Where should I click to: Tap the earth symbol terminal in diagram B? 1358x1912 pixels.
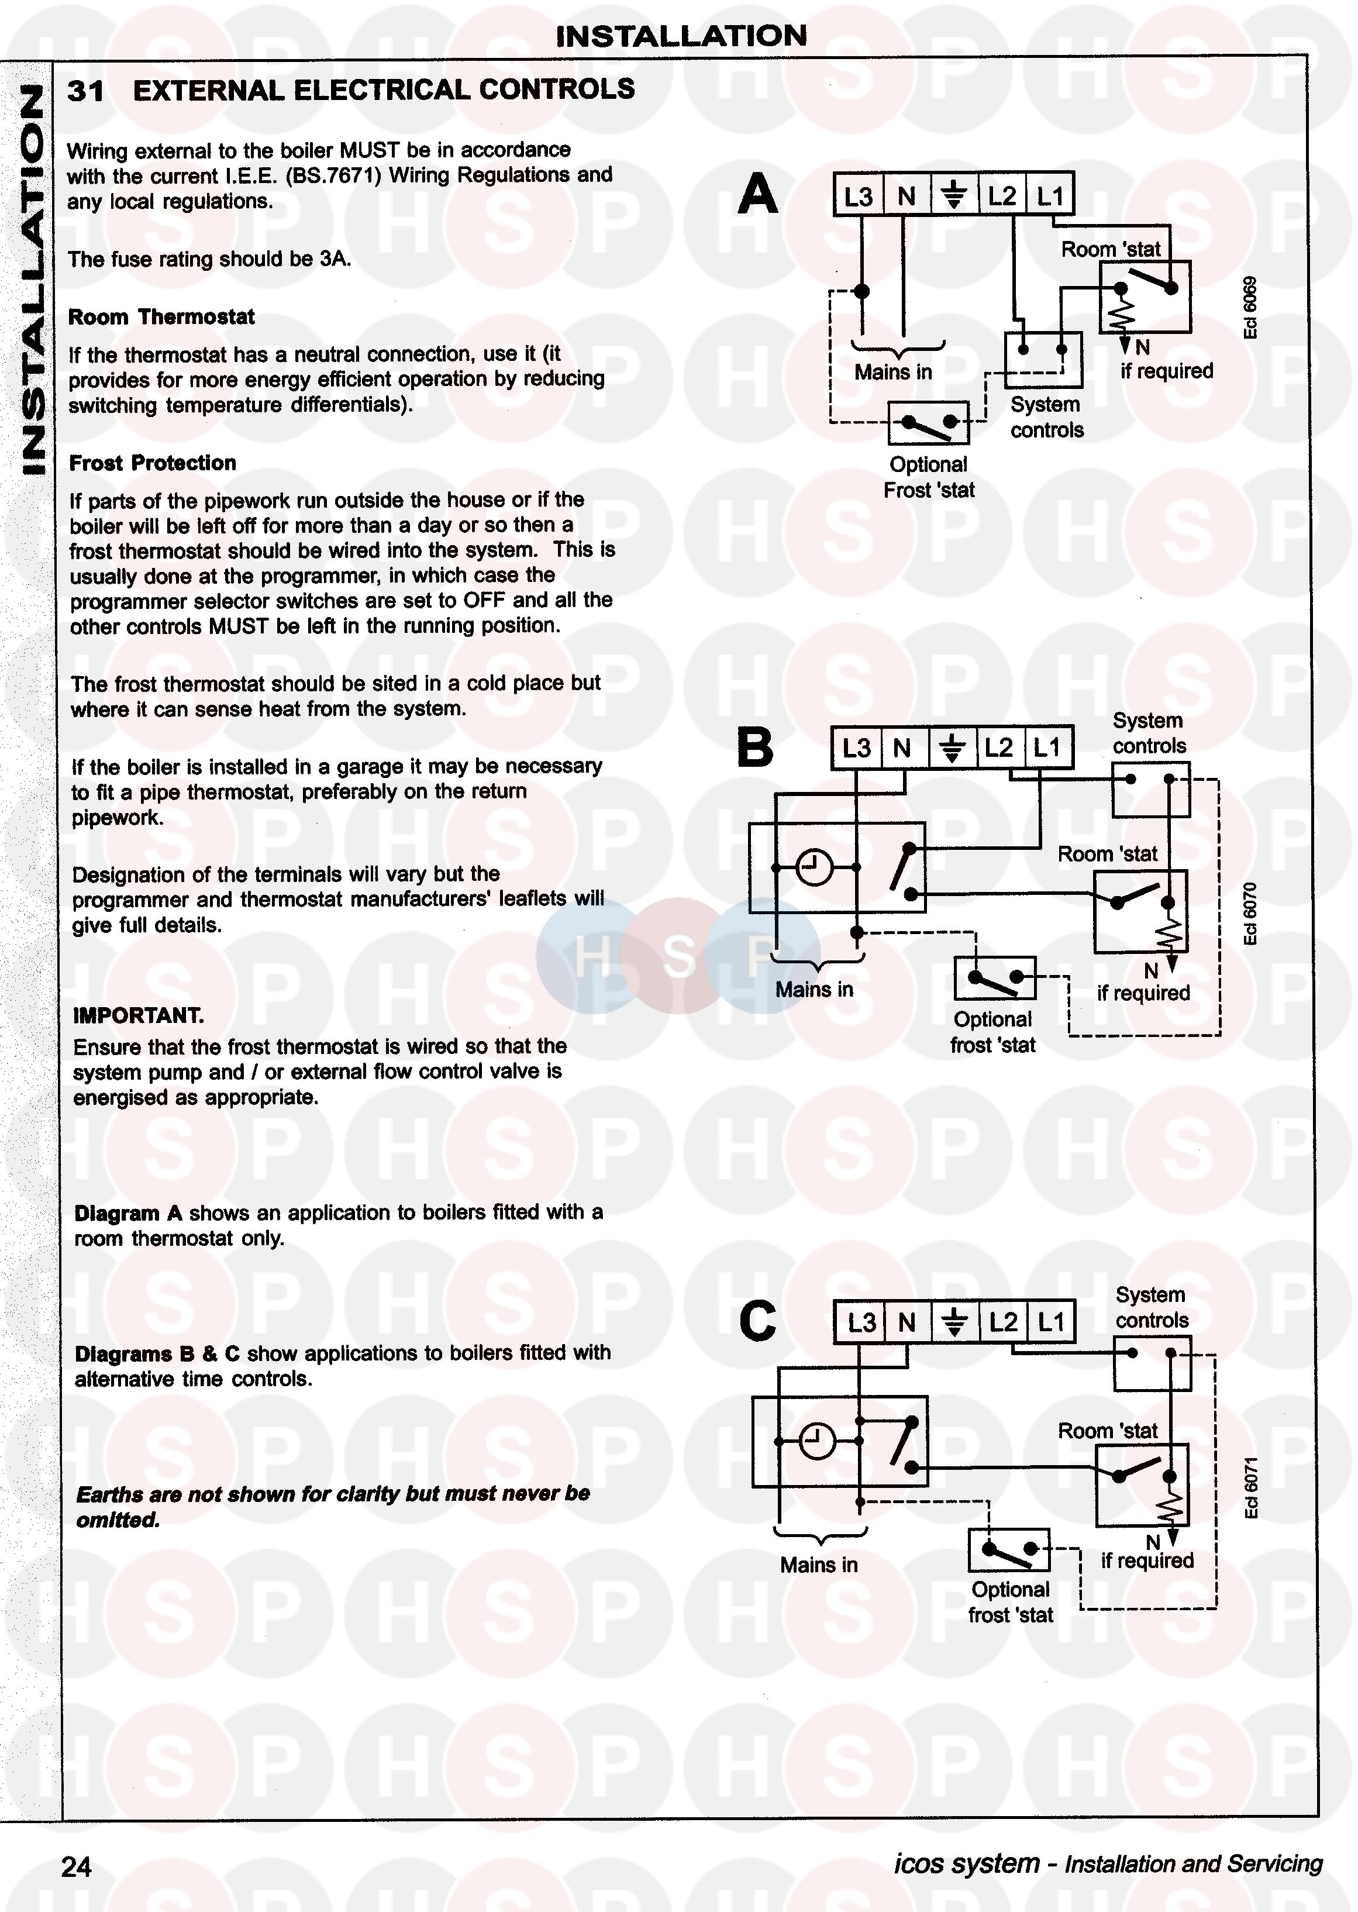pyautogui.click(x=952, y=747)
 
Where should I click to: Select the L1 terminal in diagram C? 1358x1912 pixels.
pyautogui.click(x=1051, y=1322)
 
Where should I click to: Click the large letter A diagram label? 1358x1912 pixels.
pyautogui.click(x=757, y=194)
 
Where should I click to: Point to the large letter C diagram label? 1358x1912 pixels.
pyautogui.click(x=757, y=1322)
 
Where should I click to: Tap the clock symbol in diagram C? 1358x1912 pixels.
pyautogui.click(x=817, y=1441)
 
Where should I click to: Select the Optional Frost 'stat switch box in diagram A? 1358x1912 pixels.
pyautogui.click(x=928, y=423)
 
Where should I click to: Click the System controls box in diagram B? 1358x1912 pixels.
pyautogui.click(x=1150, y=789)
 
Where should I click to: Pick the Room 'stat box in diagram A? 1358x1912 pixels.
pyautogui.click(x=1144, y=297)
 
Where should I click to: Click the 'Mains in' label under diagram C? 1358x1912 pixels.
pyautogui.click(x=819, y=1564)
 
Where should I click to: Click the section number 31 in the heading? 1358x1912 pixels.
pyautogui.click(x=85, y=90)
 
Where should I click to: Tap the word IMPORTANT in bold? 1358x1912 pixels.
pyautogui.click(x=138, y=1016)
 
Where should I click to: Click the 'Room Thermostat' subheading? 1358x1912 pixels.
pyautogui.click(x=161, y=317)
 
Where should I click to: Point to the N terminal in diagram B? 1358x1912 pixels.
pyautogui.click(x=901, y=747)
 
